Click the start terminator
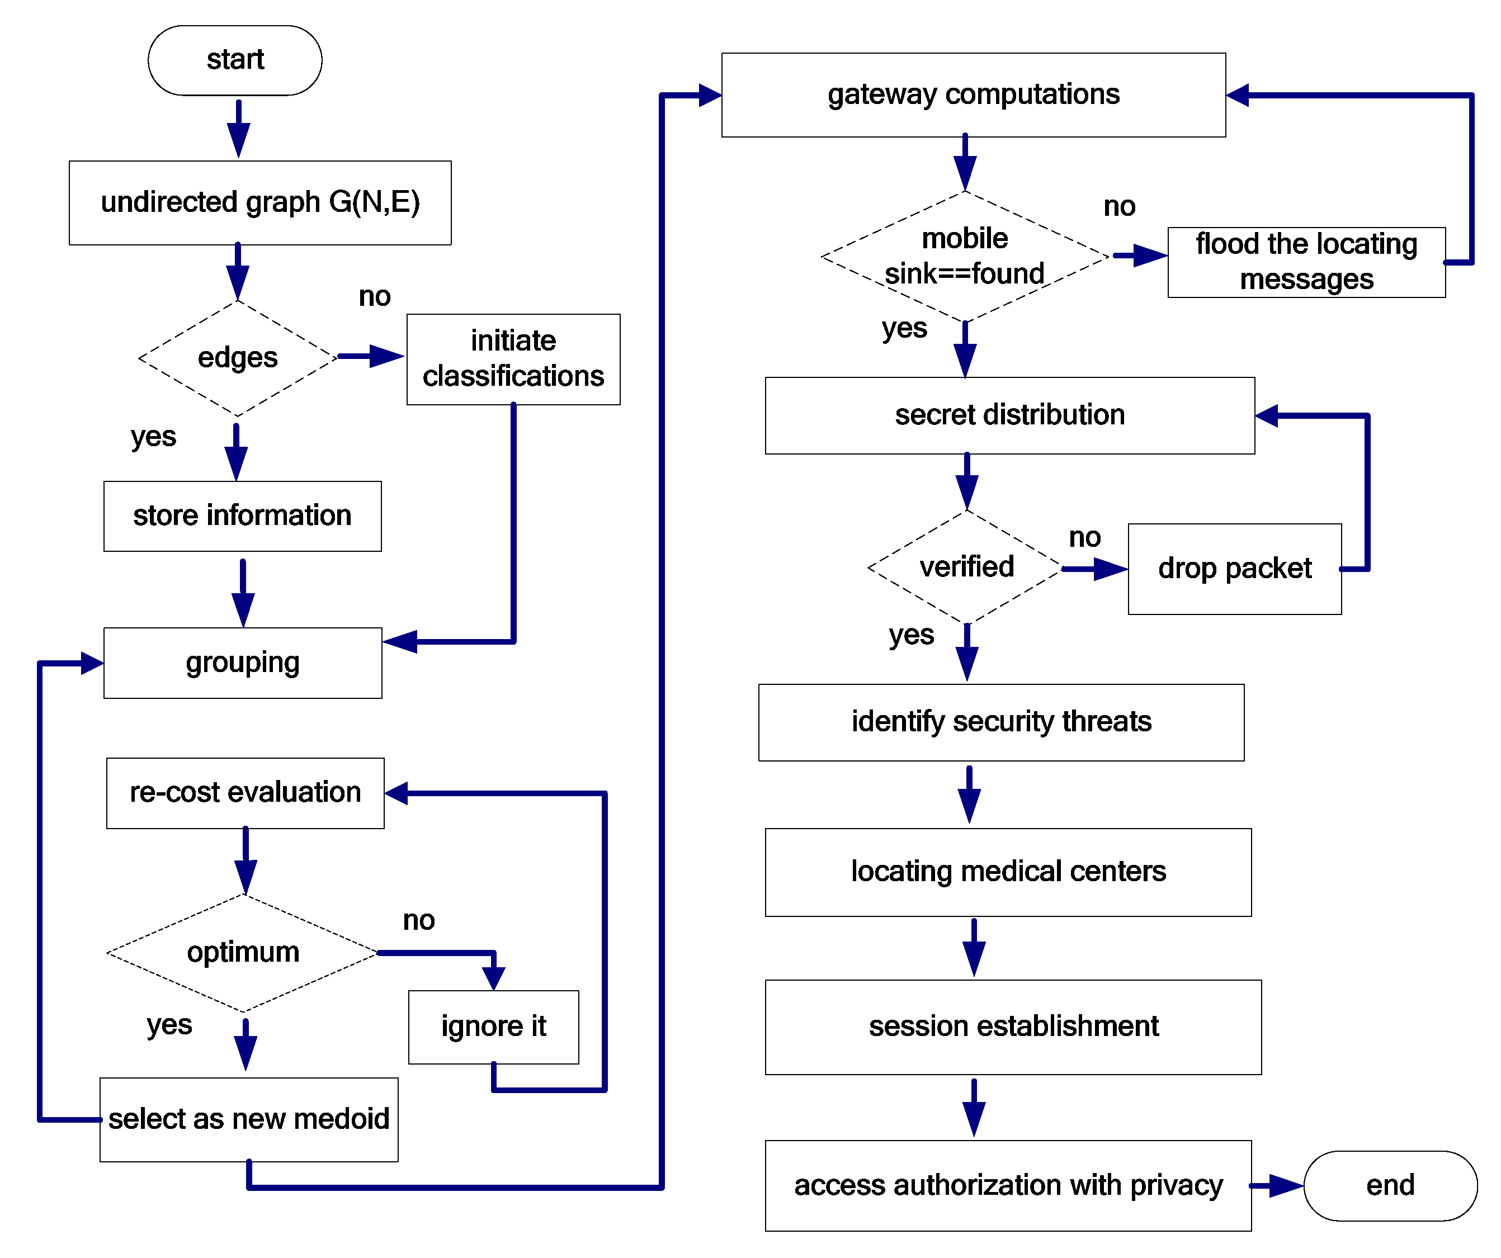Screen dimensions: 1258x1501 234,60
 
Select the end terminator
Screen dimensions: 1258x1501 1390,1185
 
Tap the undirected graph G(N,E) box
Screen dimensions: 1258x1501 259,202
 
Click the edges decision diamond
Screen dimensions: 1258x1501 237,357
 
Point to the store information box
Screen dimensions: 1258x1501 242,516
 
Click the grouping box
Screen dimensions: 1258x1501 242,663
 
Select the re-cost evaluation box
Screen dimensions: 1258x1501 244,793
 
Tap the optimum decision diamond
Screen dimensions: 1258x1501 243,952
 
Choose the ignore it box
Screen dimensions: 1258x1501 493,1027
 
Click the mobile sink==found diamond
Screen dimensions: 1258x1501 964,256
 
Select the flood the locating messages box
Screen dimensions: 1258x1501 1306,262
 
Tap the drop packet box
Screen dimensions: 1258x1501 1234,568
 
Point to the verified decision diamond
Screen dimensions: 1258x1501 966,567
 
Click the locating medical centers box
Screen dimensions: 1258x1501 1007,871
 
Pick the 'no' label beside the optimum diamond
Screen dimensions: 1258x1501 418,920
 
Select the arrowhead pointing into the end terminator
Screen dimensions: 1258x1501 1287,1185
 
